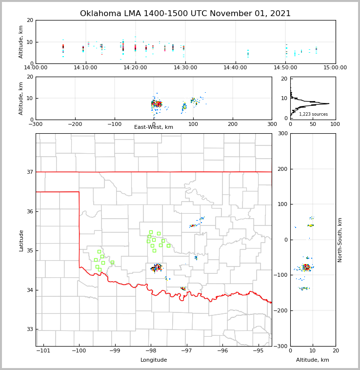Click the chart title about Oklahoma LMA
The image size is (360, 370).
pyautogui.click(x=185, y=14)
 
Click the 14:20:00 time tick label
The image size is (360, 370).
pyautogui.click(x=136, y=68)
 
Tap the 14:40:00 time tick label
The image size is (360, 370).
pyautogui.click(x=236, y=68)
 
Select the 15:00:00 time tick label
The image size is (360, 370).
pyautogui.click(x=335, y=68)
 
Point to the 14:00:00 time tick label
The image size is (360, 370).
pyautogui.click(x=36, y=68)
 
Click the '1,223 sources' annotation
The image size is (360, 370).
pyautogui.click(x=313, y=114)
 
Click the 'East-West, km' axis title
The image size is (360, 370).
pyautogui.click(x=154, y=127)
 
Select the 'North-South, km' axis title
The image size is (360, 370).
pyautogui.click(x=340, y=240)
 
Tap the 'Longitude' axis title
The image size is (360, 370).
pyautogui.click(x=154, y=360)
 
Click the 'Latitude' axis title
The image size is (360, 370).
pyautogui.click(x=21, y=240)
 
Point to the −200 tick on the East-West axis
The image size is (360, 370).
pyautogui.click(x=75, y=124)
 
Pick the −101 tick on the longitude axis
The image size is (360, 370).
pyautogui.click(x=43, y=351)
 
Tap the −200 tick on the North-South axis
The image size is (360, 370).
pyautogui.click(x=282, y=311)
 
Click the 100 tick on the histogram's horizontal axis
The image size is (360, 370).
pyautogui.click(x=335, y=124)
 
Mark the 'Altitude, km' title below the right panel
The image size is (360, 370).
pyautogui.click(x=313, y=360)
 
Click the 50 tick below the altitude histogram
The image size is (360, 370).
pyautogui.click(x=313, y=124)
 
